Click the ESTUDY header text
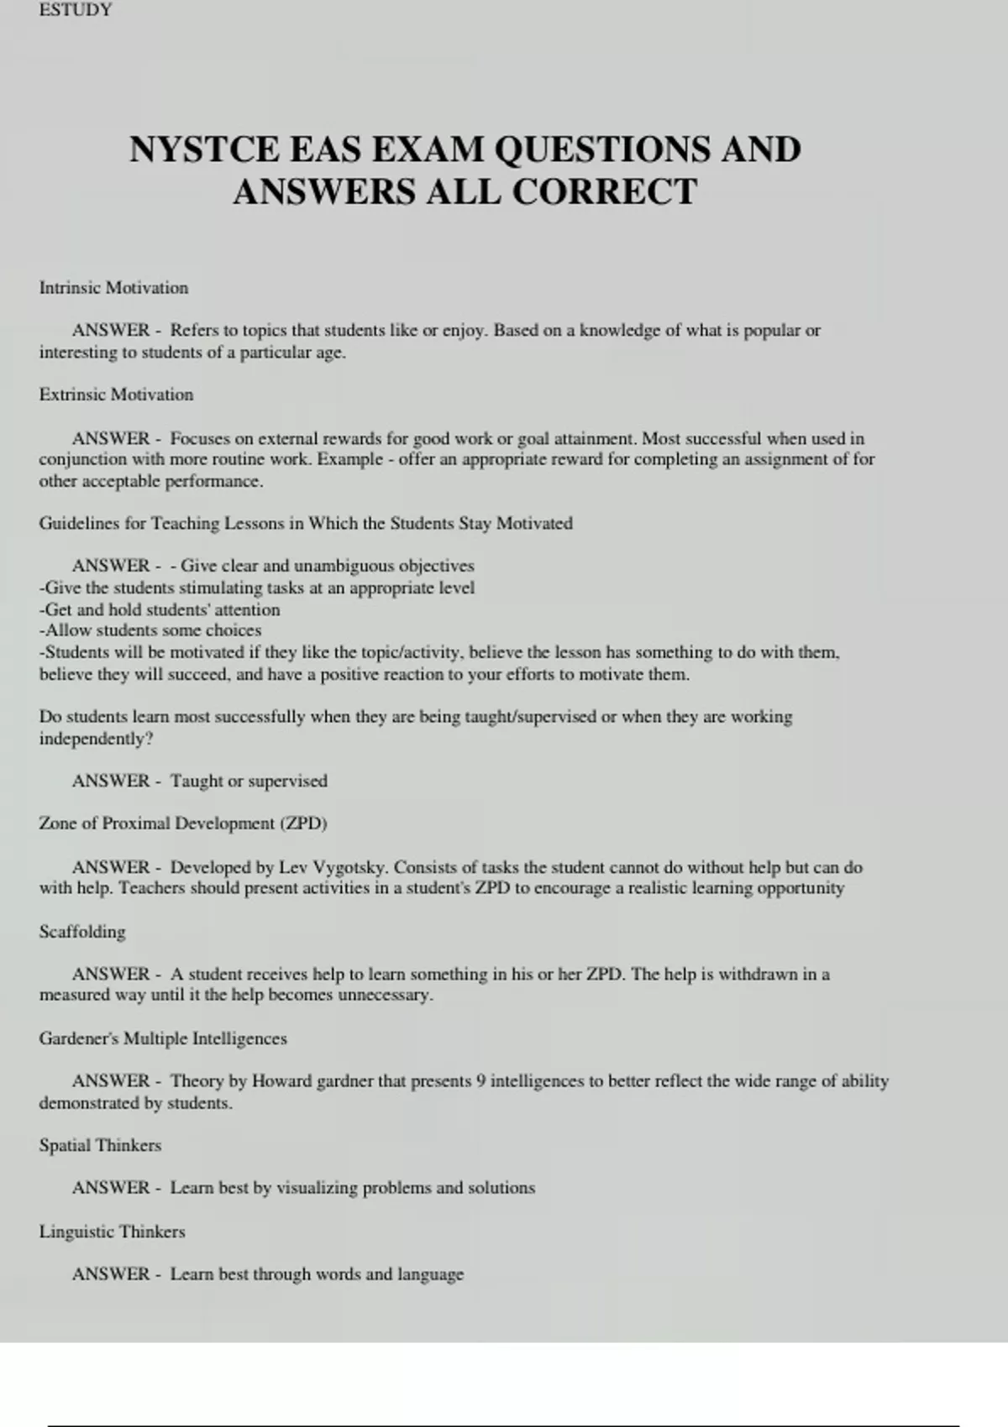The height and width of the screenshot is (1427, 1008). [x=75, y=10]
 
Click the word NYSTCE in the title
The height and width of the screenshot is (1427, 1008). [x=204, y=149]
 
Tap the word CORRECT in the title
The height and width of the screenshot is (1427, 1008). [x=604, y=192]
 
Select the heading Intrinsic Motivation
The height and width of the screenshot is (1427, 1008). [x=113, y=288]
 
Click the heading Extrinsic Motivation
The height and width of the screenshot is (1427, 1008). [x=116, y=395]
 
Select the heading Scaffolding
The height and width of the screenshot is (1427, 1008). [x=82, y=932]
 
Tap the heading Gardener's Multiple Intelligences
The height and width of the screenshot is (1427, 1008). [x=163, y=1038]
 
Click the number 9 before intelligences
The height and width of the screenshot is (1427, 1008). [x=480, y=1081]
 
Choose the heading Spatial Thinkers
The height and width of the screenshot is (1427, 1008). [x=100, y=1145]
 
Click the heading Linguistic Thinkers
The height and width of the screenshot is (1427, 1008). [x=112, y=1231]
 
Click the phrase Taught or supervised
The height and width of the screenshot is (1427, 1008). [x=249, y=781]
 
